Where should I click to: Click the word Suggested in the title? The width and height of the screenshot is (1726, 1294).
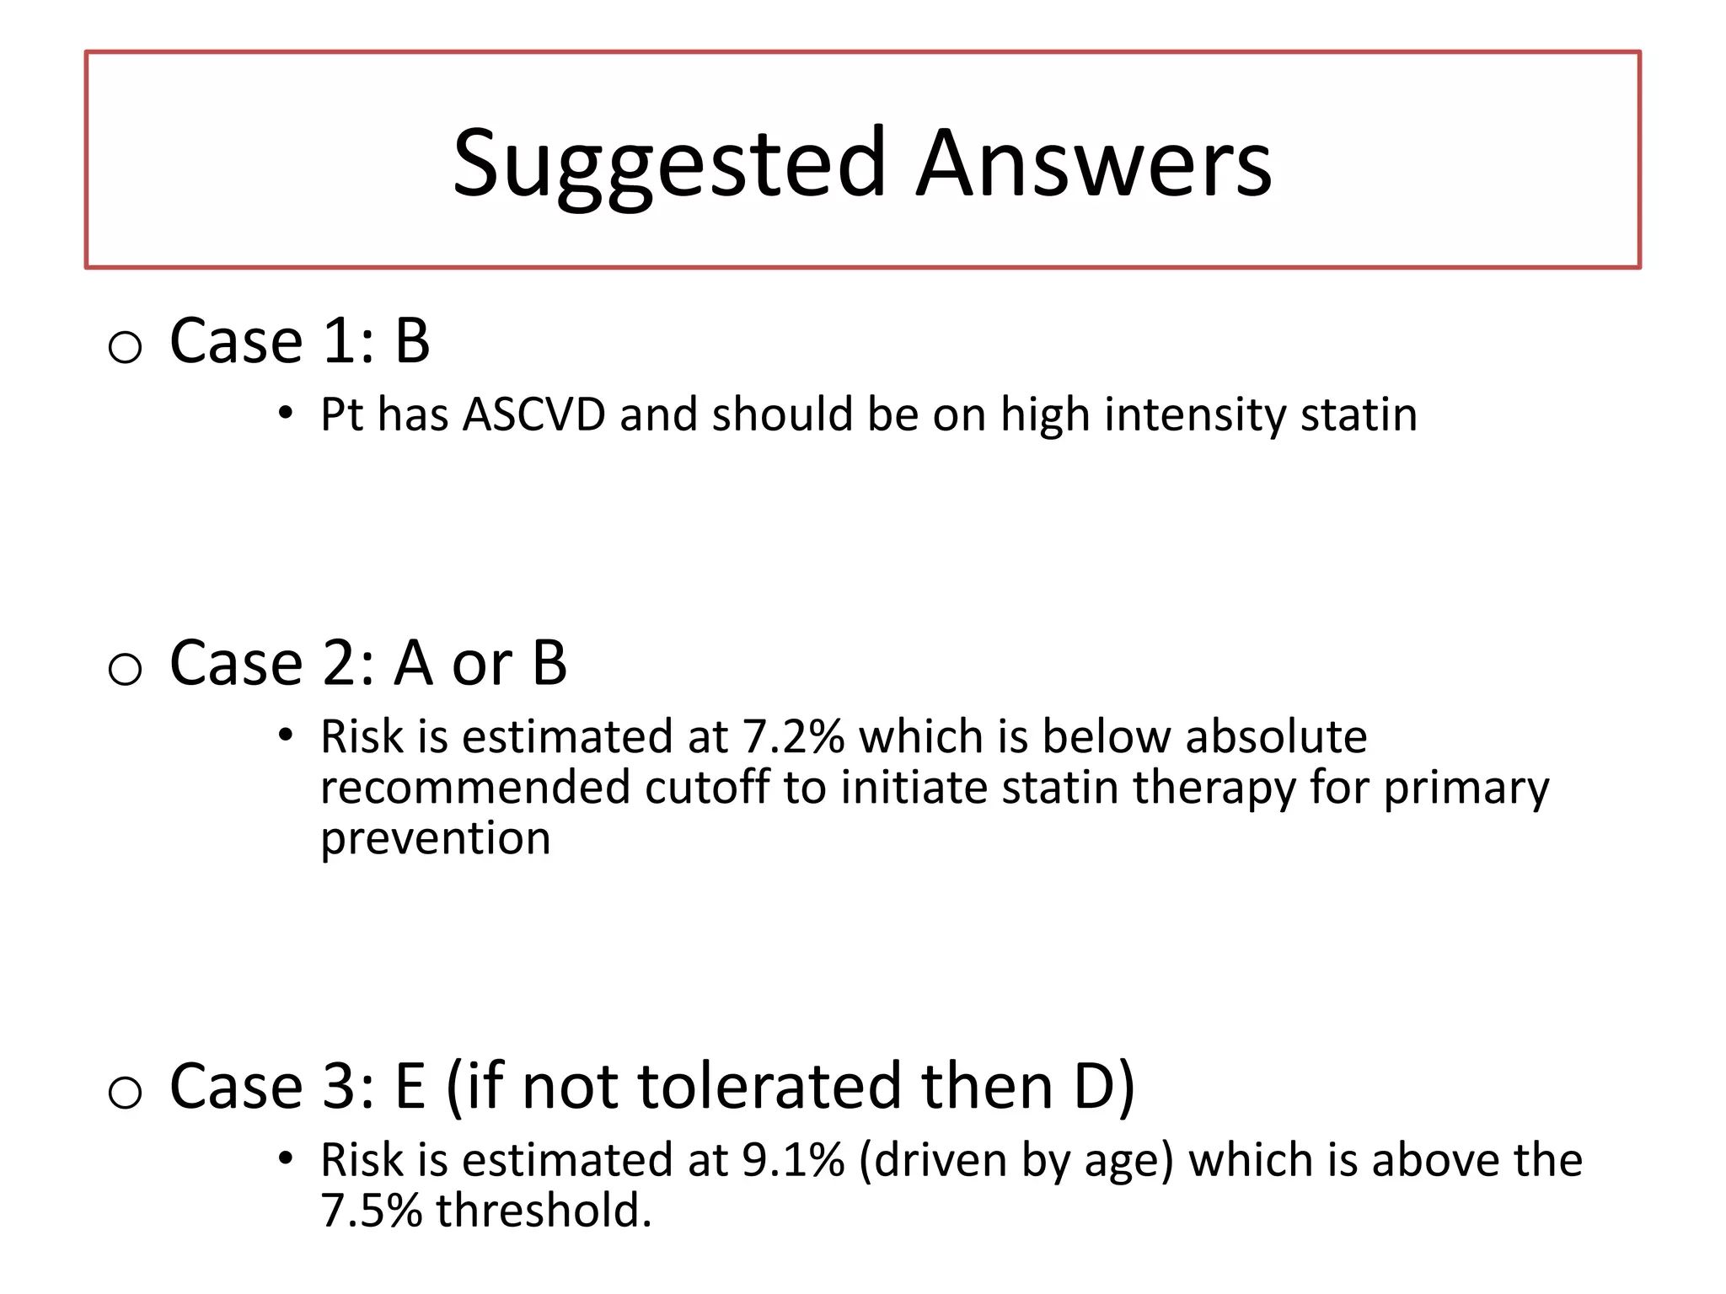(669, 163)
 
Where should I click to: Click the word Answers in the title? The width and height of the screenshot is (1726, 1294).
(1094, 163)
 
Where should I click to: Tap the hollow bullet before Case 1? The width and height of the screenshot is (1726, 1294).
(125, 346)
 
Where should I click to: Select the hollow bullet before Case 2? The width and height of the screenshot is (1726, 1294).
(125, 669)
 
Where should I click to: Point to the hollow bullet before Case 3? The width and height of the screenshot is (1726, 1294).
(125, 1092)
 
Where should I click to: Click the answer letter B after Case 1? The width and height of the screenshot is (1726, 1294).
(412, 341)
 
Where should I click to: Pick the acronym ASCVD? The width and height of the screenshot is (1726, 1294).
(534, 414)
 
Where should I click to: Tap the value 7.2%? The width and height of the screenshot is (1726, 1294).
(793, 737)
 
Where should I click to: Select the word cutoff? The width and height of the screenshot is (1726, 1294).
(707, 788)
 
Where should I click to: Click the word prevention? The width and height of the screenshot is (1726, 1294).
(436, 839)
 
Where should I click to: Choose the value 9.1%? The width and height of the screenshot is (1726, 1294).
(793, 1160)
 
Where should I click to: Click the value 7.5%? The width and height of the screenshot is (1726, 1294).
(371, 1211)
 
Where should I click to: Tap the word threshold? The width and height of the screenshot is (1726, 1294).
(544, 1211)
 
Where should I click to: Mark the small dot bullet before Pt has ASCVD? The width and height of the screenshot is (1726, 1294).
(286, 414)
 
